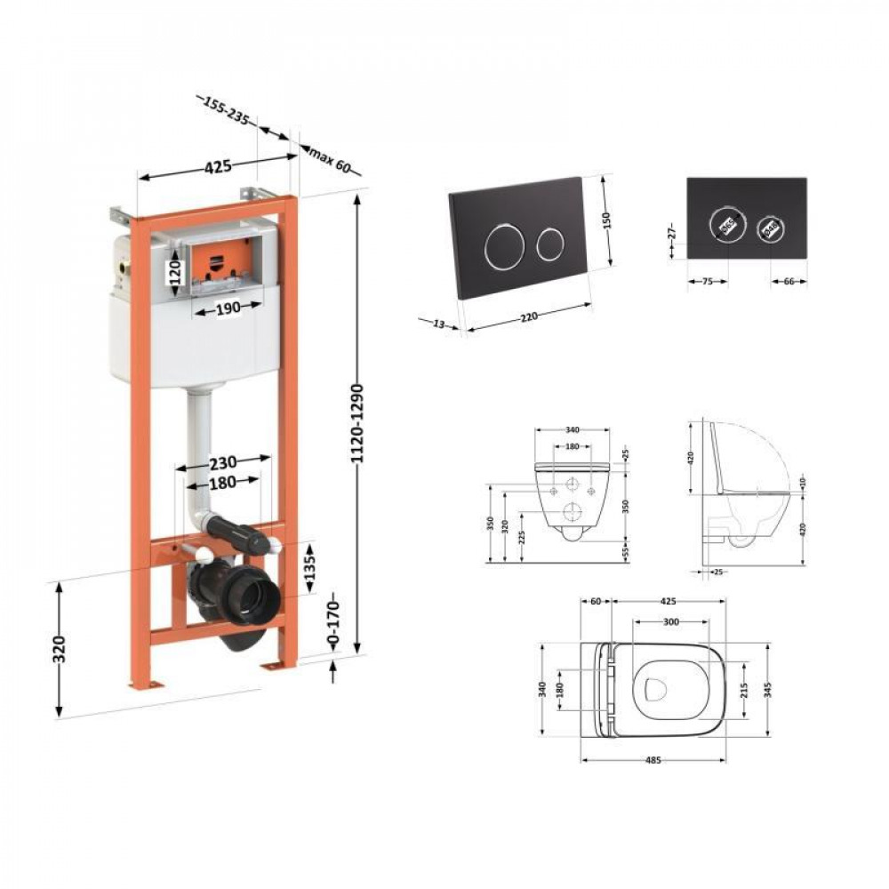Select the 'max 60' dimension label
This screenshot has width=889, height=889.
(331, 161)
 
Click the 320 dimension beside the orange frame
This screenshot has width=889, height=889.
(60, 648)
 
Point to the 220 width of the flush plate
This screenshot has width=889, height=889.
(528, 316)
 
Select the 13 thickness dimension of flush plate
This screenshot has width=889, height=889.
(437, 324)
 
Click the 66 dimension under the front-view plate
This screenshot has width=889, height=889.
(787, 282)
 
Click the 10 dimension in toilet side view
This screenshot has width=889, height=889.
(802, 482)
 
